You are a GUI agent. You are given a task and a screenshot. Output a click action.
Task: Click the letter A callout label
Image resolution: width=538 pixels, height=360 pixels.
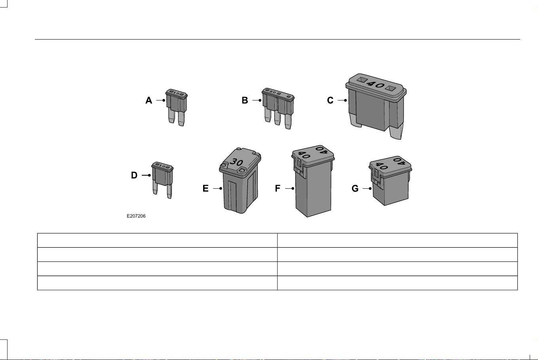click(149, 100)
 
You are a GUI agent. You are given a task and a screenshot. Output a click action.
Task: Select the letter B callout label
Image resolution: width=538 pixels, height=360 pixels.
click(245, 100)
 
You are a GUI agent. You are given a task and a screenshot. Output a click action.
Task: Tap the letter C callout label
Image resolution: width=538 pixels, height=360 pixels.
click(330, 100)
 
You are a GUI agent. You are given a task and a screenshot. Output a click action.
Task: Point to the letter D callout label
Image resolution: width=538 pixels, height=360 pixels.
click(134, 175)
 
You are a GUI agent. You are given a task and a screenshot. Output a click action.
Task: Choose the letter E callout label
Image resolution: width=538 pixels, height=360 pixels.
click(205, 188)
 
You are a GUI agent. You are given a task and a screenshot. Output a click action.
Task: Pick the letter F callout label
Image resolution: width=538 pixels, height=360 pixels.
click(278, 188)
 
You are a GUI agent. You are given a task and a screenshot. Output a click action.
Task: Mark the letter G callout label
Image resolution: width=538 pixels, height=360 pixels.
click(355, 188)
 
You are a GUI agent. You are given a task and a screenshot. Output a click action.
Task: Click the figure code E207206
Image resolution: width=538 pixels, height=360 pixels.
click(136, 216)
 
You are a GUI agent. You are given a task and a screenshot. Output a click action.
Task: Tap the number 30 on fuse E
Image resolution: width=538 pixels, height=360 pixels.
click(236, 162)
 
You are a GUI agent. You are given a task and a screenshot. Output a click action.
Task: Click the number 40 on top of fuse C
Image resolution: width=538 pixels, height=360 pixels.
click(376, 85)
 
